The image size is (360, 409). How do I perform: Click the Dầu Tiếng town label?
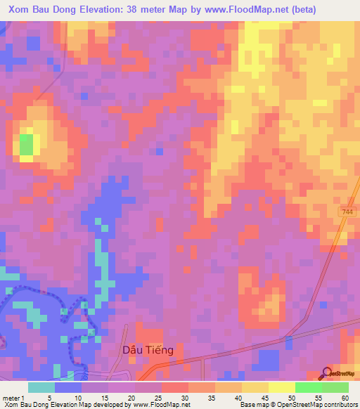[148, 349]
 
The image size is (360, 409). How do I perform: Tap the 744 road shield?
[349, 212]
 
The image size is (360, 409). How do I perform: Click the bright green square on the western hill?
[26, 145]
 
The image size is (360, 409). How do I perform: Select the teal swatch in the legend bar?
[41, 387]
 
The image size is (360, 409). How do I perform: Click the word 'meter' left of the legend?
[11, 397]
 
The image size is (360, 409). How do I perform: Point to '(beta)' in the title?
[298, 10]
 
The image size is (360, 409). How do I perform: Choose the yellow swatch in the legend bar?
[282, 387]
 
